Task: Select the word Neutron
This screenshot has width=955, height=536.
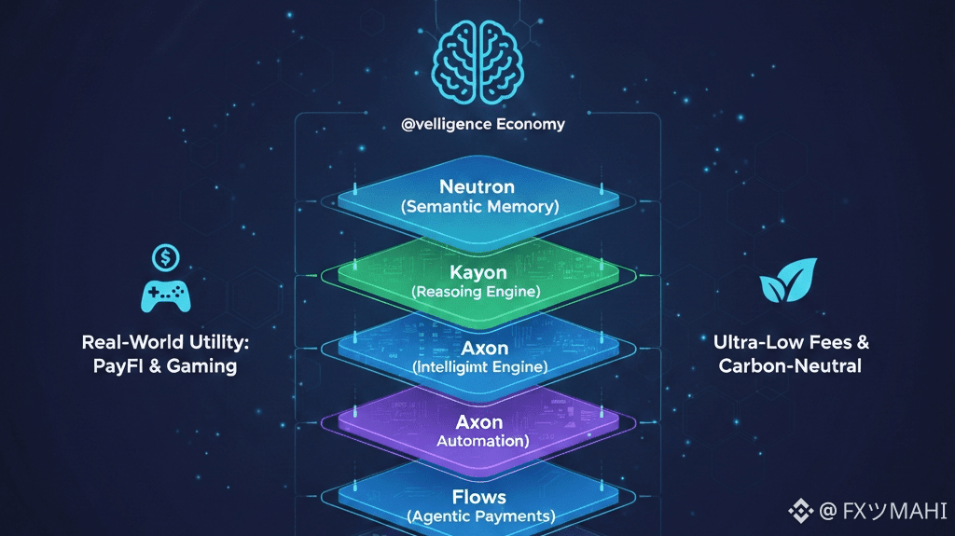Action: (477, 187)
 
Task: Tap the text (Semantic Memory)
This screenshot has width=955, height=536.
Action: (477, 207)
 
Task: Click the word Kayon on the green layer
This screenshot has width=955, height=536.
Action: (477, 272)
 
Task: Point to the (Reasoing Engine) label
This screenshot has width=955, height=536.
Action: (477, 292)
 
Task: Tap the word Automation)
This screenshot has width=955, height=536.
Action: (482, 441)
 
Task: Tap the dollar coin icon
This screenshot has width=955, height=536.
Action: (166, 254)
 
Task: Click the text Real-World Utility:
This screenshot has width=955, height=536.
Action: (165, 342)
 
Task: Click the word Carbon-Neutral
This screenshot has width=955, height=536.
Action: (790, 366)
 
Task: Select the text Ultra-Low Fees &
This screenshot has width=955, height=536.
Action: (789, 342)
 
